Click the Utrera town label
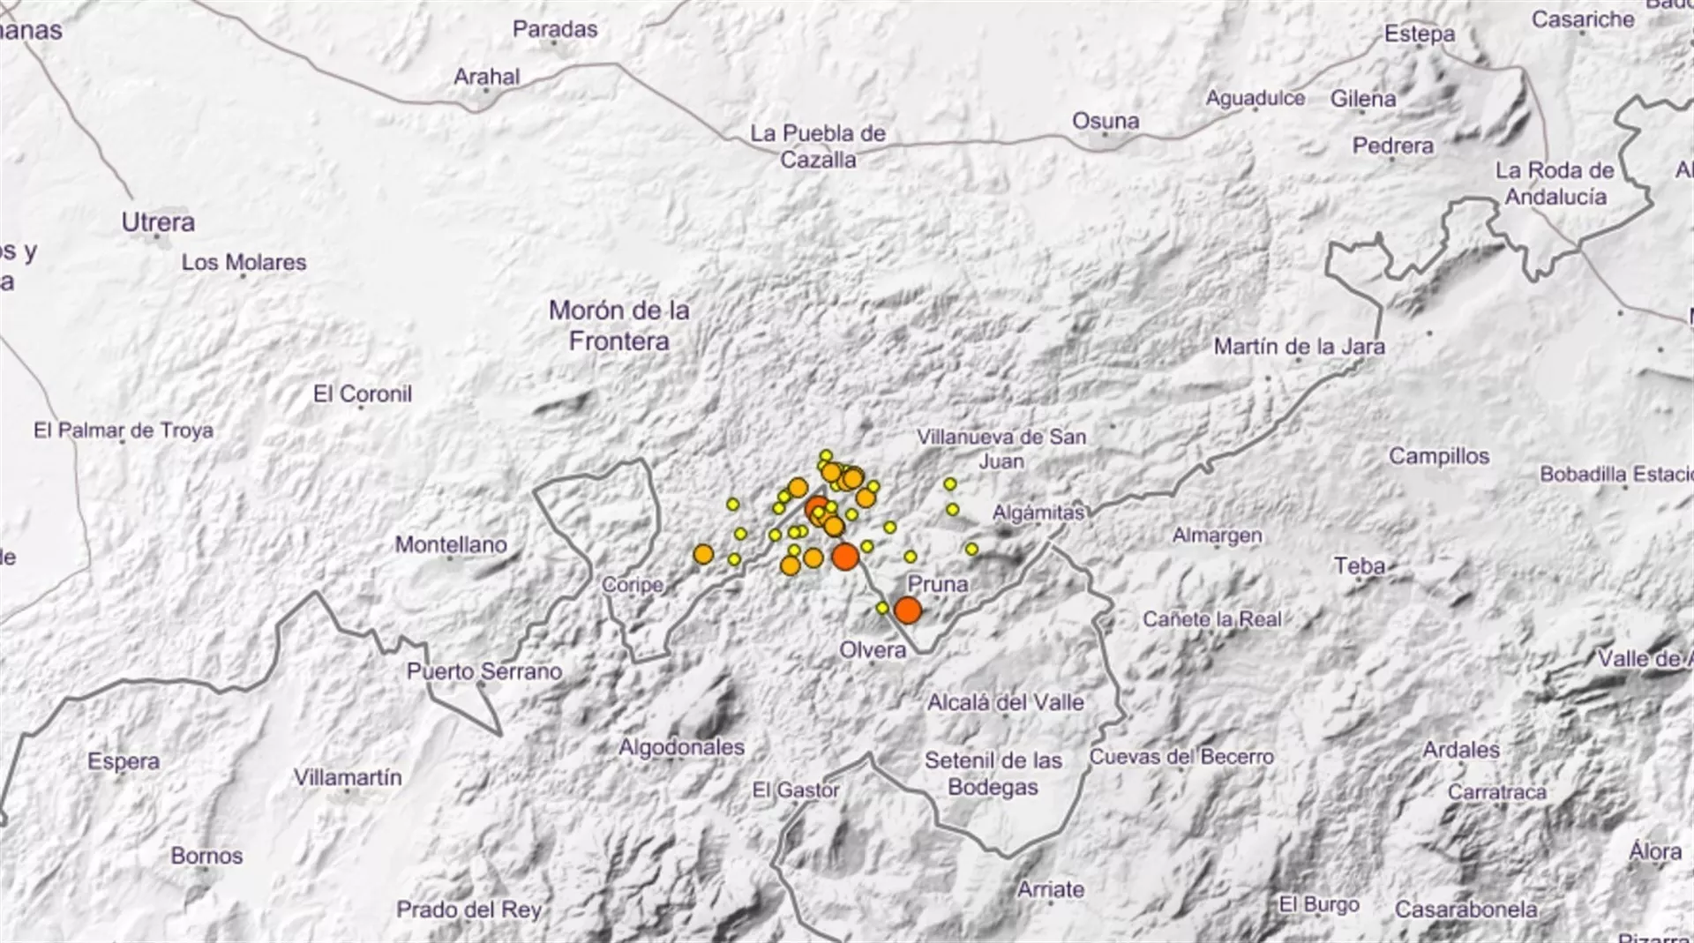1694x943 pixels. coord(158,222)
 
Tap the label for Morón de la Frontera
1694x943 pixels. coord(618,326)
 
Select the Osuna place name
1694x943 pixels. coord(1106,121)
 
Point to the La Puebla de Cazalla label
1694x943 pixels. coord(818,146)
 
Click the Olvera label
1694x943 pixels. coord(873,650)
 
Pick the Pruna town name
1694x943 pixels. coord(938,584)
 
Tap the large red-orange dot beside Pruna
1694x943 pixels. coord(907,610)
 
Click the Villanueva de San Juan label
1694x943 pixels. coord(1001,448)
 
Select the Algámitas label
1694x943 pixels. coord(1038,513)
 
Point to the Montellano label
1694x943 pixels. coord(451,544)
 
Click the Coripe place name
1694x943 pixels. coord(633,585)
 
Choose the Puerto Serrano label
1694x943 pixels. coord(484,671)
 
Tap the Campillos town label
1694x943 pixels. coord(1439,456)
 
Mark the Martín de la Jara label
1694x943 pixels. coord(1299,347)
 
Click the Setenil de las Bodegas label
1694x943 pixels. coord(993,773)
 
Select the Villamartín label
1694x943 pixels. coord(348,777)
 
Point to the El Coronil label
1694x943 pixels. coord(363,393)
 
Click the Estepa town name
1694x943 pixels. coord(1420,34)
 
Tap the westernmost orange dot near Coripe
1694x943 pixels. coord(703,554)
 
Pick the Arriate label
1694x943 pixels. coord(1051,889)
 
